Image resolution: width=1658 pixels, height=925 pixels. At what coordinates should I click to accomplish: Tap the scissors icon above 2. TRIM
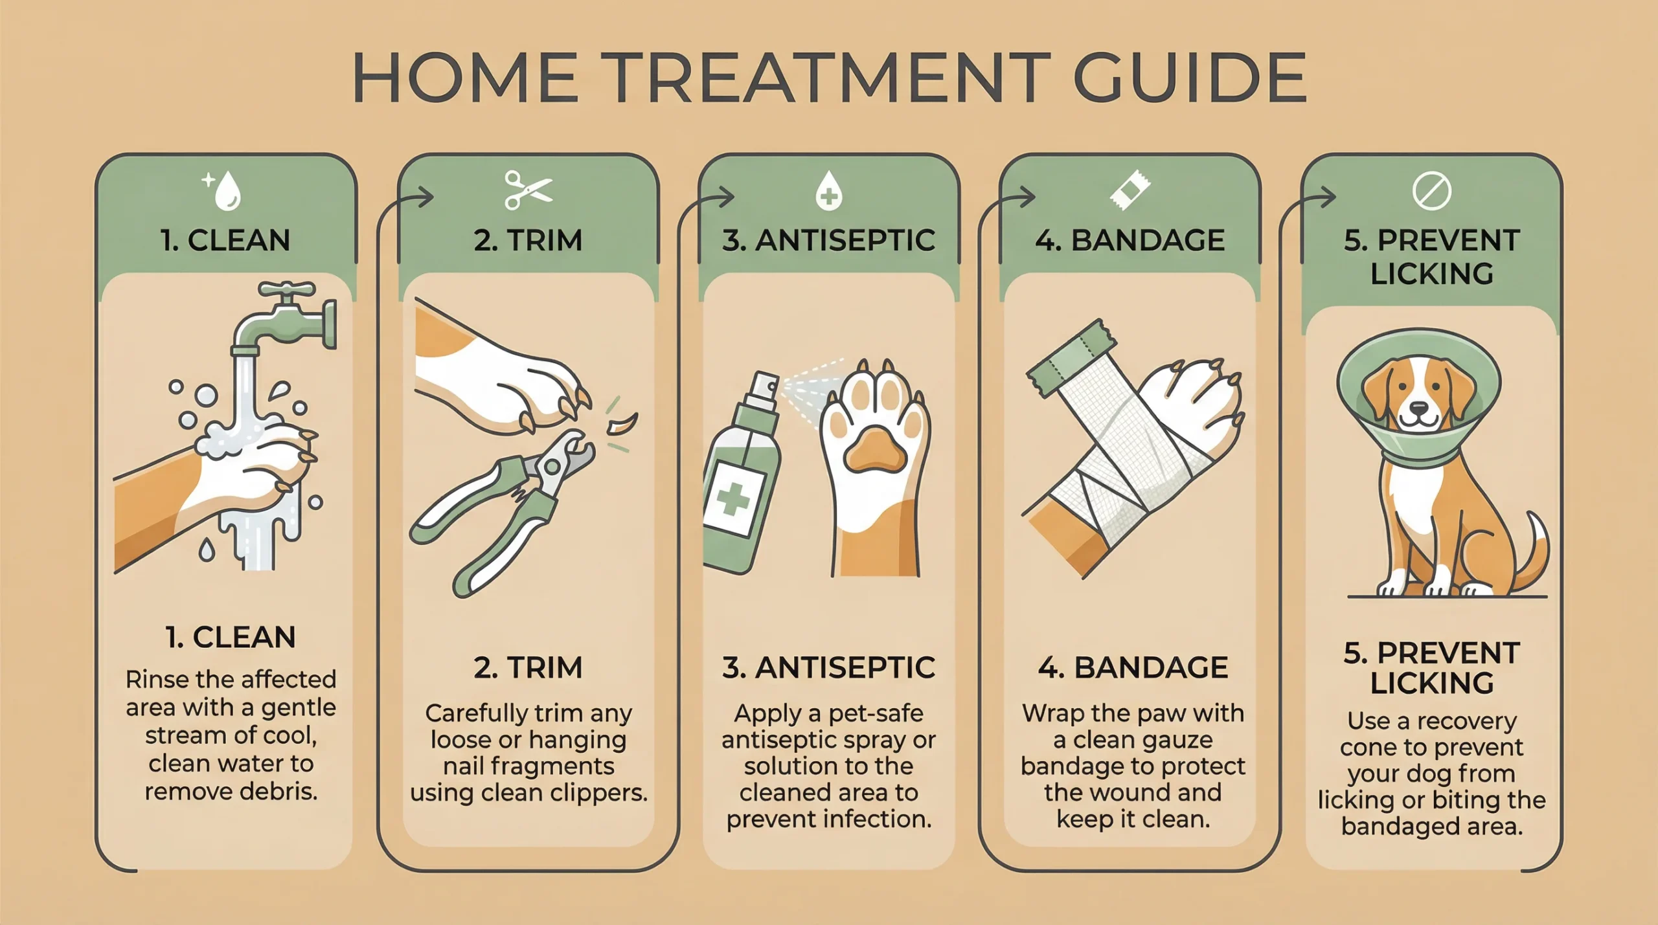point(528,190)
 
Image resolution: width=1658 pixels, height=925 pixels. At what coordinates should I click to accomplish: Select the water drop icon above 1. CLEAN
point(227,192)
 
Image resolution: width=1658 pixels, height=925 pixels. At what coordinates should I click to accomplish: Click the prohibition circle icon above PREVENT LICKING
point(1431,191)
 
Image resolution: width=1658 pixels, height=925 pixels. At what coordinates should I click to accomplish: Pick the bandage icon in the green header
point(1130,190)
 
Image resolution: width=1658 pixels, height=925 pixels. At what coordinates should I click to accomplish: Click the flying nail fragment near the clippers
point(622,425)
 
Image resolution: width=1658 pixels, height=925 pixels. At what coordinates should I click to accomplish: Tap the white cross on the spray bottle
point(732,498)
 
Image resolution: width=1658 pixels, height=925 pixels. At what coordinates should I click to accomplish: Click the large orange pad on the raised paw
point(875,449)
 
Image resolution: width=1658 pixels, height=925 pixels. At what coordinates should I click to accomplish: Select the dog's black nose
point(1418,409)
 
